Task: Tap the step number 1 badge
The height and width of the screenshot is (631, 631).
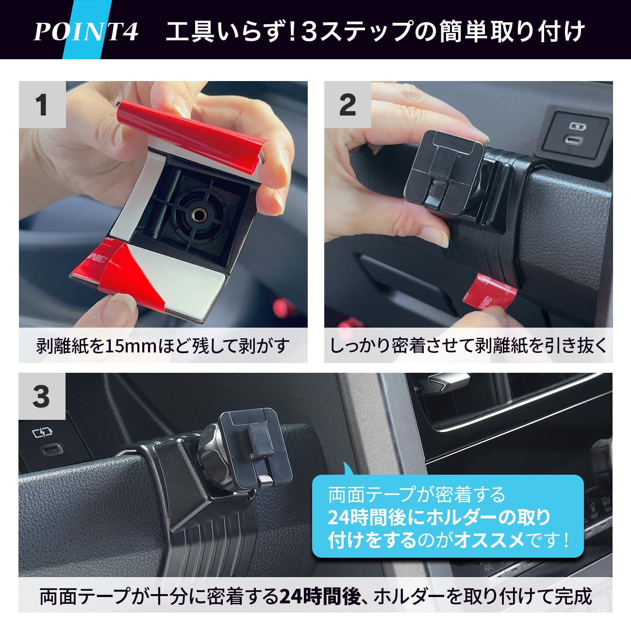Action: coord(42,105)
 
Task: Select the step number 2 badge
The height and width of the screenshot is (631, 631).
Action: coord(348,105)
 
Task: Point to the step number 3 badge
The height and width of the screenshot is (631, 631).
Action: coord(42,396)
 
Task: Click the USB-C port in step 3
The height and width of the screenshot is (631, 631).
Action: coord(48,449)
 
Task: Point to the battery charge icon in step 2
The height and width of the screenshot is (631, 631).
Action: coord(578,127)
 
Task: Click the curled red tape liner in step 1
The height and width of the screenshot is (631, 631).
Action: coord(192,131)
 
